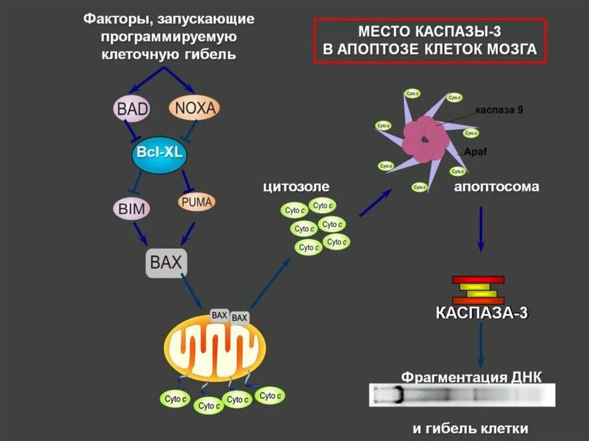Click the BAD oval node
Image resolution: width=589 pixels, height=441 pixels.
coord(132,108)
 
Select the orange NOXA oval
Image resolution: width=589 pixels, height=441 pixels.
coord(195,108)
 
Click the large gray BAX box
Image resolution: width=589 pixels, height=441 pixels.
coord(166,263)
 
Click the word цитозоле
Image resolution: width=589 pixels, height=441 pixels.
coord(296,187)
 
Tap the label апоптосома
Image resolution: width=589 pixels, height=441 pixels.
coord(497,187)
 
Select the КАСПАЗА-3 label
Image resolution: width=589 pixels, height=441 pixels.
coord(481,313)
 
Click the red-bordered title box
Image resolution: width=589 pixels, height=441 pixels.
coord(429,40)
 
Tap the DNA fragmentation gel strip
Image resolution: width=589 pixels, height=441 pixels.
coord(462,396)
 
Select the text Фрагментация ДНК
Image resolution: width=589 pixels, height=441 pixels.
coord(471,377)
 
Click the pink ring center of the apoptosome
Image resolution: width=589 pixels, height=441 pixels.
coord(426,139)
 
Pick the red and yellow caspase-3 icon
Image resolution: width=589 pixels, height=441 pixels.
coord(478,290)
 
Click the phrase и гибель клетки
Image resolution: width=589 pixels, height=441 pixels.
coord(470,428)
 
